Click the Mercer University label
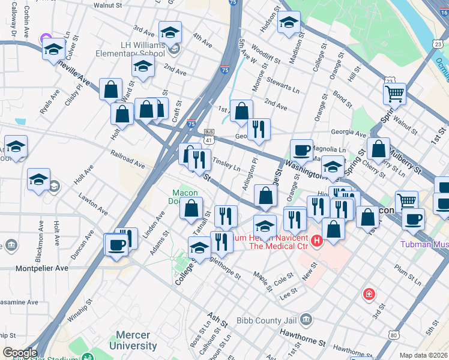[133, 341]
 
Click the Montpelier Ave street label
[34, 268]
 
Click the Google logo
[20, 353]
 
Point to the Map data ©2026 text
[423, 355]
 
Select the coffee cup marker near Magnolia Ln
[301, 150]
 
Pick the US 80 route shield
[393, 334]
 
